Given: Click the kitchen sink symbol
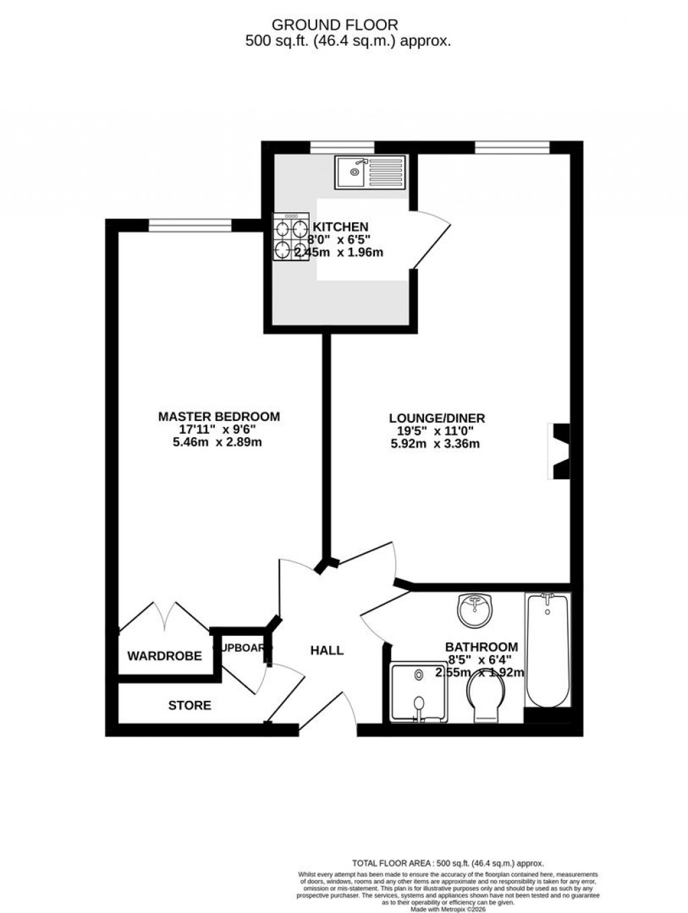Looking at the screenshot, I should point(370,172).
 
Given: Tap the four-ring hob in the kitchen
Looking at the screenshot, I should point(290,236).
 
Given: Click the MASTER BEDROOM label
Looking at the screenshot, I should point(219,417).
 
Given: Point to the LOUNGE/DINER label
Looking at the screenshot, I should point(437,418).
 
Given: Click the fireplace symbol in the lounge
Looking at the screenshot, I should point(560,451).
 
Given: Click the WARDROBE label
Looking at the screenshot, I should point(165,656).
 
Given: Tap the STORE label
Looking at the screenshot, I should point(189,706).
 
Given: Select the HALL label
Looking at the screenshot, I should point(327,651).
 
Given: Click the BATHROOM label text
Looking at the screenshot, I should point(482,647).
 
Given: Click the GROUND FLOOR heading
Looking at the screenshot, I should point(335,25).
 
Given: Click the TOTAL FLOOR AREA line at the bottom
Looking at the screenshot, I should point(448,863).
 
